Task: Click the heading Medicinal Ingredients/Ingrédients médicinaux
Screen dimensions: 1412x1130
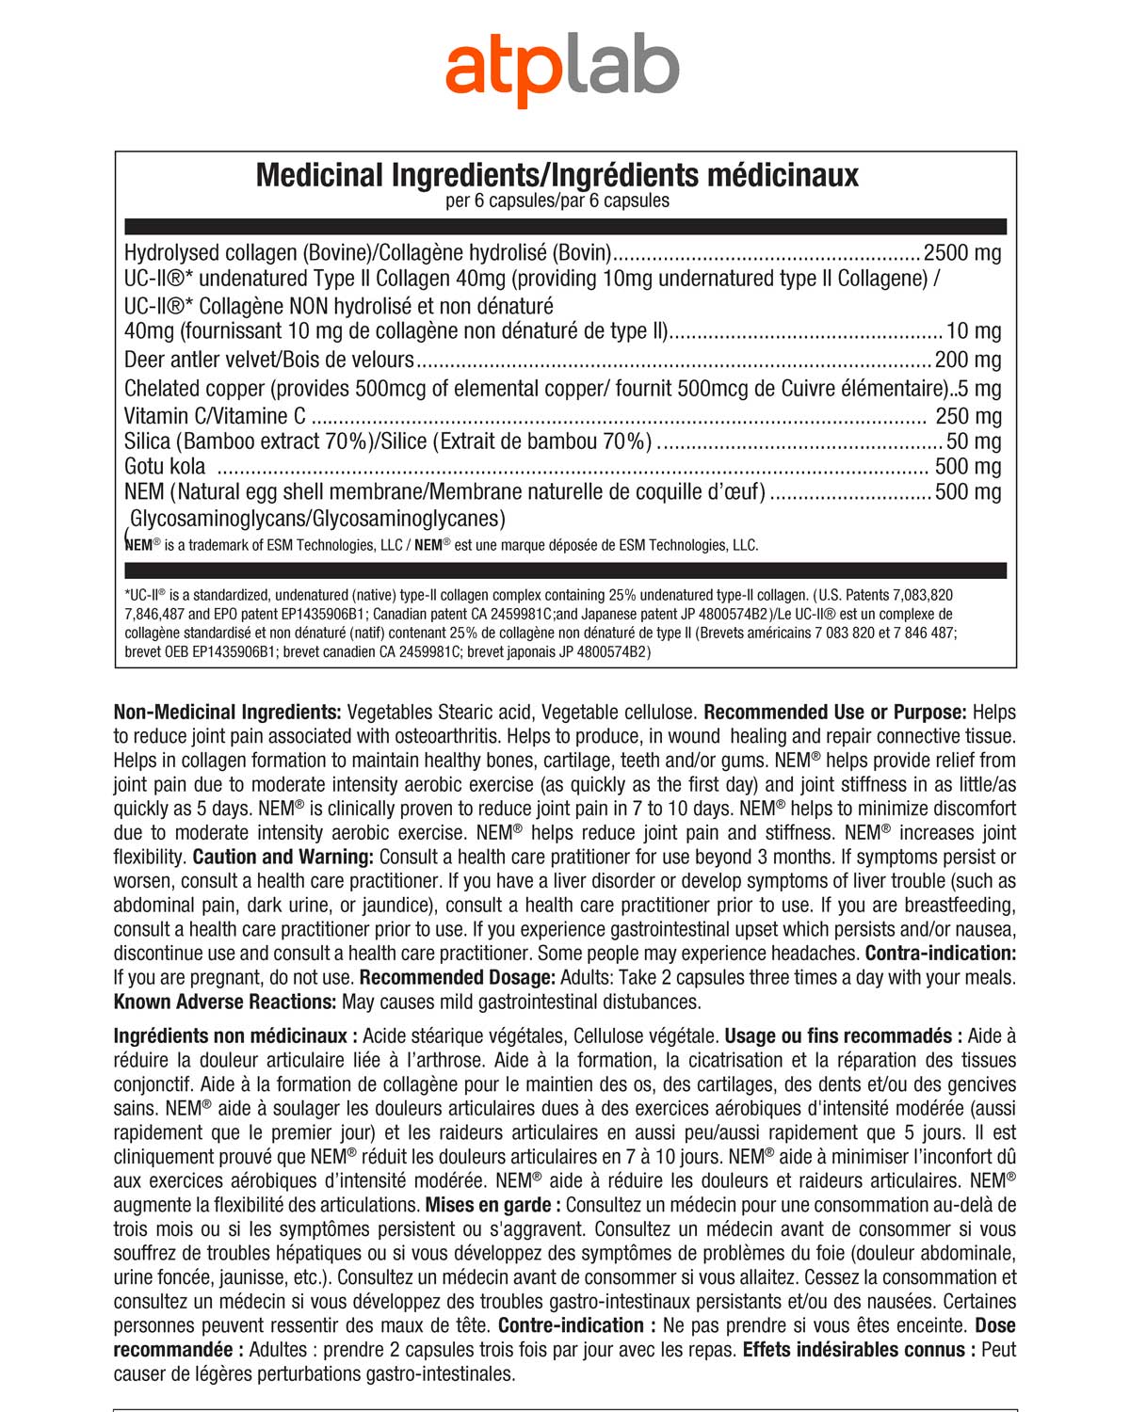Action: click(x=557, y=175)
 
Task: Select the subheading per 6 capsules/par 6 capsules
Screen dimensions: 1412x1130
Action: click(x=557, y=201)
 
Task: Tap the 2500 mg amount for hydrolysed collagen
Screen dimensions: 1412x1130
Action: click(x=961, y=252)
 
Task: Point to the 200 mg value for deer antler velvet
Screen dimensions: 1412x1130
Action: click(x=967, y=360)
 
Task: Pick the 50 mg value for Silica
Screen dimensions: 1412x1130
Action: click(x=974, y=441)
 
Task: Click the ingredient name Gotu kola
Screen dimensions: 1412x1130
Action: click(x=165, y=467)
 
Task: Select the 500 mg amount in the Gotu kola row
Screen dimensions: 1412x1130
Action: click(x=967, y=467)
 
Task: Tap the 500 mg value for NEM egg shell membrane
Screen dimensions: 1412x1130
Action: click(x=967, y=492)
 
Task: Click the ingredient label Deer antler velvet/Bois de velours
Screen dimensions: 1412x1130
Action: click(x=269, y=360)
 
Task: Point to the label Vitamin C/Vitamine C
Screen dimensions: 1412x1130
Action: click(x=215, y=416)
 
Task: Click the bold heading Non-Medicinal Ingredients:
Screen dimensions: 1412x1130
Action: click(x=227, y=713)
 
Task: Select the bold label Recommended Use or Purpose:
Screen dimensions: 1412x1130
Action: click(x=835, y=713)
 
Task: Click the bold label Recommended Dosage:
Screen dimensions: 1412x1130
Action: click(x=458, y=978)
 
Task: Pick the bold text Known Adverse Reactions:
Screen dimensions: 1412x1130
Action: click(x=225, y=1003)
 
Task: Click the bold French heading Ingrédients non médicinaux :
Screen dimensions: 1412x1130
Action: click(x=235, y=1036)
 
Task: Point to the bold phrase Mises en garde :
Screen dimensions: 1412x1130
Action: click(x=493, y=1205)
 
